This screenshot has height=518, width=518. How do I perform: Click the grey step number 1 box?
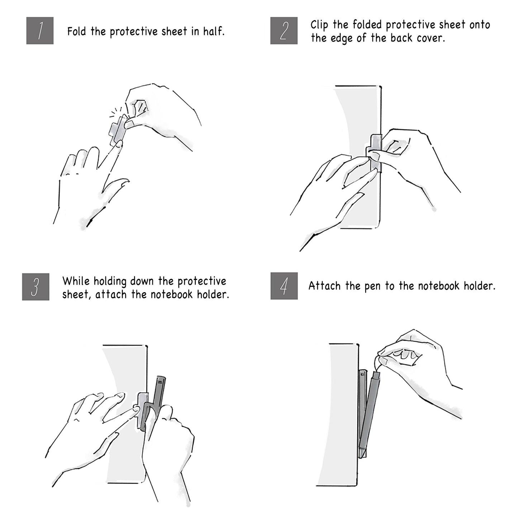point(40,30)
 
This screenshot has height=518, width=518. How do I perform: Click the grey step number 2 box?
point(284,30)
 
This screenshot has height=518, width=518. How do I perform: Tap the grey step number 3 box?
point(35,287)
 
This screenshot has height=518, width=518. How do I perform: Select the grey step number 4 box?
point(284,286)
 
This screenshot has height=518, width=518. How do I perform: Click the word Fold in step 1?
point(77,32)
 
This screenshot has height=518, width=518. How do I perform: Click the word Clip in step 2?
point(319,25)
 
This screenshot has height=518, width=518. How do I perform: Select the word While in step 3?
point(76,281)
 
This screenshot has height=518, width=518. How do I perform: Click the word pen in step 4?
point(371,287)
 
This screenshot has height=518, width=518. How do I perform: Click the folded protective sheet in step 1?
point(118,130)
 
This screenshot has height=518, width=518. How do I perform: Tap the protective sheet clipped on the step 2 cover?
point(376,153)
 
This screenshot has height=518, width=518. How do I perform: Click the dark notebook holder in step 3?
point(155,403)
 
